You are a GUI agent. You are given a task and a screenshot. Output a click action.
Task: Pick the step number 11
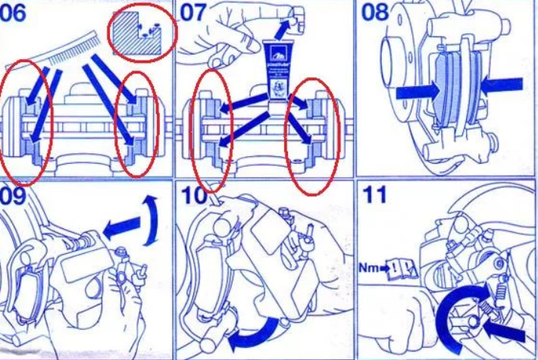(374, 196)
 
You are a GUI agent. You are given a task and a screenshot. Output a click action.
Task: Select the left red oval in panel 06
(27, 121)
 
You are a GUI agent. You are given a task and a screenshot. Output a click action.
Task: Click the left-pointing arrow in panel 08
(501, 84)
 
